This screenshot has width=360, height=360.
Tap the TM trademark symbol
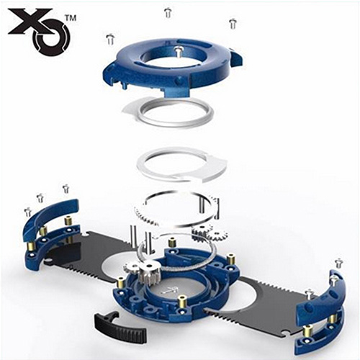70,18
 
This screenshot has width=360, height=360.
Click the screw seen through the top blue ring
179,53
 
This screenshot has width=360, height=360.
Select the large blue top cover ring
173,70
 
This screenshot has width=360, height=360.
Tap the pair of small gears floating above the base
210,233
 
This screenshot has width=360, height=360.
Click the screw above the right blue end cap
338,263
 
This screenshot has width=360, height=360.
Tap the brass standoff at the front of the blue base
182,304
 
